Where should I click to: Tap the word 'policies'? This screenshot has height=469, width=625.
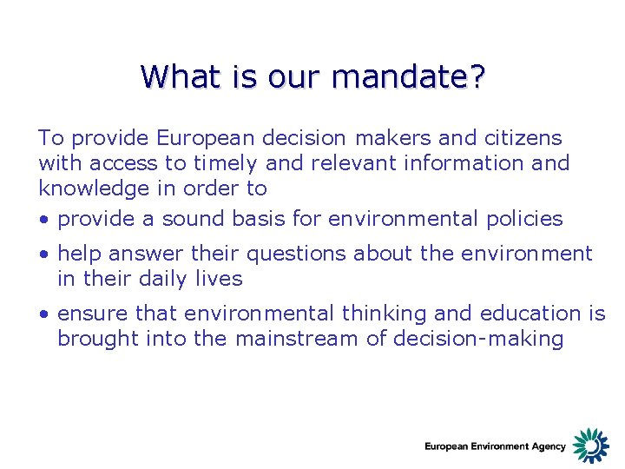[522, 219]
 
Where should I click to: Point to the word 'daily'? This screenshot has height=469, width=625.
[162, 279]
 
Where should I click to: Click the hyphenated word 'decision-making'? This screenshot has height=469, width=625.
[478, 339]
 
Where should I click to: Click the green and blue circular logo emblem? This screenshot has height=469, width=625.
[591, 446]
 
